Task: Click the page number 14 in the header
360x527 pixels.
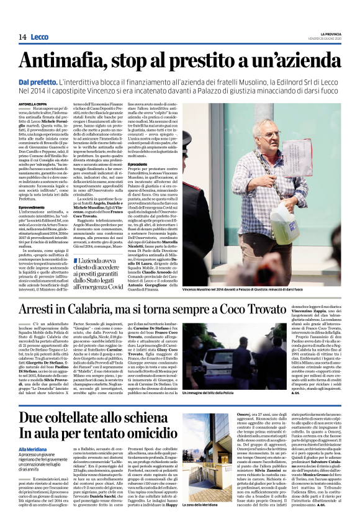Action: [22, 37]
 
